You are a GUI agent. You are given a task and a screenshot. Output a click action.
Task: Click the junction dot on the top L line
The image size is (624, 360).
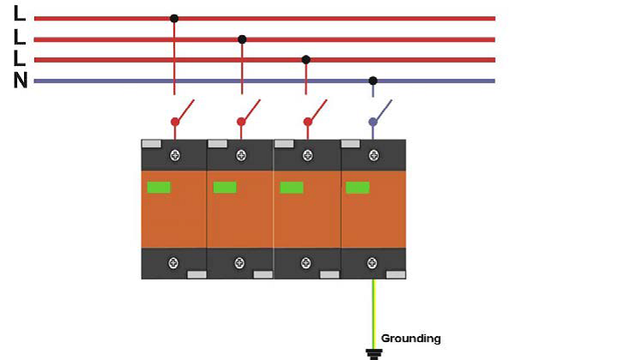click(x=174, y=18)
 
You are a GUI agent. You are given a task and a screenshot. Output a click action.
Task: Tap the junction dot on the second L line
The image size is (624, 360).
click(x=242, y=39)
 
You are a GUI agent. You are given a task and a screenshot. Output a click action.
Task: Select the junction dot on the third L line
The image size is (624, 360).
click(x=306, y=59)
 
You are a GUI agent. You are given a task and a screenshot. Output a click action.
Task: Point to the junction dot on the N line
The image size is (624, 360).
click(x=372, y=81)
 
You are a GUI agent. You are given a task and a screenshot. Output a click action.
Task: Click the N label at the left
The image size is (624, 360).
click(x=20, y=82)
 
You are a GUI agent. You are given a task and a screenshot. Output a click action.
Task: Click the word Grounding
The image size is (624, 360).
click(x=411, y=339)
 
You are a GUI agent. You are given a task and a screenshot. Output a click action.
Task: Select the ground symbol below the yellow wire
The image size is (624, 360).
click(x=372, y=351)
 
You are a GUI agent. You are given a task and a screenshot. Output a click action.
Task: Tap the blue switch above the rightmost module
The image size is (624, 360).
click(x=380, y=112)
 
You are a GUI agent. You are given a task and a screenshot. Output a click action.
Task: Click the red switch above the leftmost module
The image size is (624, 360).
click(x=182, y=112)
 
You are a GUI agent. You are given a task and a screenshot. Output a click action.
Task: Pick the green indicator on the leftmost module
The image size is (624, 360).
click(x=159, y=187)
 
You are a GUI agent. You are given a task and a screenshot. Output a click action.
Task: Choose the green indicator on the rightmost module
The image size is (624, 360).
click(x=357, y=187)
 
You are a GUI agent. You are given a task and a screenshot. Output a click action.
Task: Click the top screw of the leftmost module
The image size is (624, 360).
click(x=175, y=155)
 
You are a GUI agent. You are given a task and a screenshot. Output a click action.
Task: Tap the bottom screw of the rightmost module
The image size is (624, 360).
click(x=372, y=262)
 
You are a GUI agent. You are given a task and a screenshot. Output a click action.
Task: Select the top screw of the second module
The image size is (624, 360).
click(x=241, y=155)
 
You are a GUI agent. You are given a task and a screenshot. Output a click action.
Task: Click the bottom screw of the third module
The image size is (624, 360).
click(x=306, y=262)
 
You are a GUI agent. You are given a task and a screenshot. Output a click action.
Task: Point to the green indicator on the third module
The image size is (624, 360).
click(x=291, y=187)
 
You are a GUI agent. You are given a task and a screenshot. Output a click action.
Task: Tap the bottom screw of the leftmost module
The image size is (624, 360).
click(x=175, y=262)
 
